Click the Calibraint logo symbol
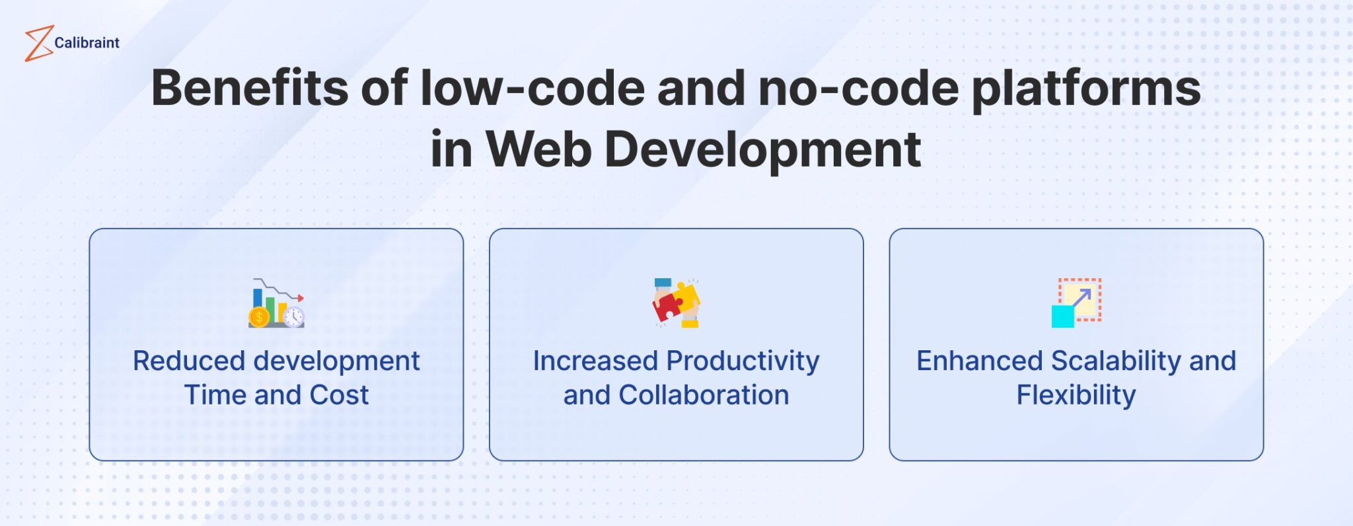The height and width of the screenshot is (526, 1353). coord(38,44)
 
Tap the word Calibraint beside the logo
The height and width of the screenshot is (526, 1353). coord(87,43)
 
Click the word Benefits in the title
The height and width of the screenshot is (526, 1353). coord(249,88)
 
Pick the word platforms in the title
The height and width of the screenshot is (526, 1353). coord(1086,89)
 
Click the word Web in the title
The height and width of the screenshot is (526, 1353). coord(538,149)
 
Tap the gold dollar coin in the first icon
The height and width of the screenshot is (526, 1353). coord(259,318)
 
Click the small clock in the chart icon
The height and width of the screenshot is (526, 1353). coord(294,317)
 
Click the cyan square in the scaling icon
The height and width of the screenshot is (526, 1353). coord(1062,316)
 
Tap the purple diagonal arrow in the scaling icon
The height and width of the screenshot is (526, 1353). coord(1081,299)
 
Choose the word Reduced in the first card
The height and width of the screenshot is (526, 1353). coord(189,361)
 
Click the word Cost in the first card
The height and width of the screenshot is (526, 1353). coord(338,395)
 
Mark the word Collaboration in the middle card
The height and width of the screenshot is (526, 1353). coord(704,395)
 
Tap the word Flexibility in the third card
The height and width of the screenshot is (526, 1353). coord(1076,395)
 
